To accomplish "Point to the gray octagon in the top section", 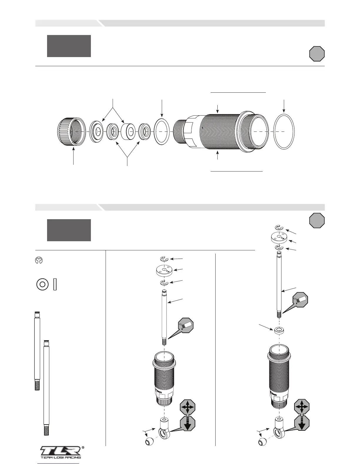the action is (x=317, y=54).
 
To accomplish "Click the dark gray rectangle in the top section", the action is (x=69, y=46).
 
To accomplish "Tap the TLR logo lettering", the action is (x=61, y=451).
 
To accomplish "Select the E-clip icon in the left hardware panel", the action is (x=39, y=261).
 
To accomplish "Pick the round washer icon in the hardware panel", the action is (x=42, y=284).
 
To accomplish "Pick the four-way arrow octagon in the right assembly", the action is (x=301, y=407).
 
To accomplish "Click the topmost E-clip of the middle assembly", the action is (x=164, y=259).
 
